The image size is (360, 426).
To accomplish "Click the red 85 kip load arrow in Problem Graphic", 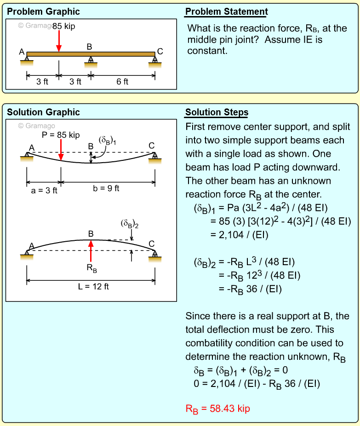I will pyautogui.click(x=58, y=42).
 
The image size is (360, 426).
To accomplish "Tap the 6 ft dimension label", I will pyautogui.click(x=122, y=82).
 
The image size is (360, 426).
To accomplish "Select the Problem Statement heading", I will pyautogui.click(x=227, y=12).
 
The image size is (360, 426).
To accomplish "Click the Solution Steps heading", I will pyautogui.click(x=217, y=113).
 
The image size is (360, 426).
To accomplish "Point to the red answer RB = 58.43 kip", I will pyautogui.click(x=217, y=409).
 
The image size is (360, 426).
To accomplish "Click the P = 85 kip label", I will pyautogui.click(x=60, y=135).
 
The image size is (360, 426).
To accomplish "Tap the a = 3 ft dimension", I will pyautogui.click(x=44, y=190).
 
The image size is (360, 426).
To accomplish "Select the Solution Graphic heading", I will pyautogui.click(x=43, y=113).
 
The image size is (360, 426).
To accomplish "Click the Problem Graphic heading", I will pyautogui.click(x=43, y=12).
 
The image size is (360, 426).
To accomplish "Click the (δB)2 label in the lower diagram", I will pyautogui.click(x=130, y=224).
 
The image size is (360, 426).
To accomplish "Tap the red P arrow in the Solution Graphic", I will pyautogui.click(x=61, y=151).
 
